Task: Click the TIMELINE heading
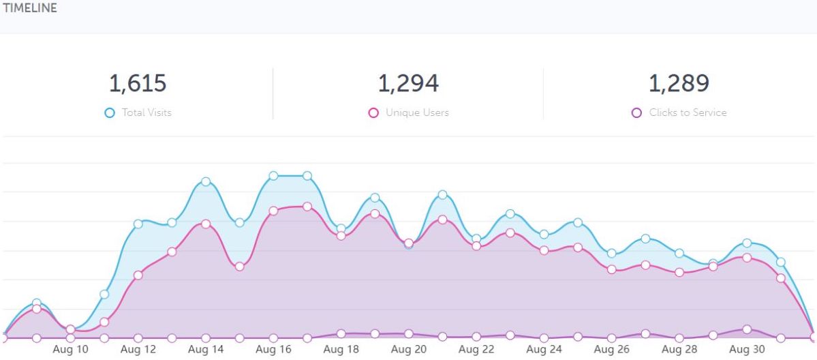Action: (x=30, y=9)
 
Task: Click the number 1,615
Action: (x=138, y=83)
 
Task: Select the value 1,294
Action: (x=408, y=83)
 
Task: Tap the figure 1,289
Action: (x=679, y=83)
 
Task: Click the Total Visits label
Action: (x=147, y=112)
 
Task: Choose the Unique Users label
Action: (x=417, y=112)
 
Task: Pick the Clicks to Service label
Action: (x=688, y=112)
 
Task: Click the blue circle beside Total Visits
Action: (x=110, y=112)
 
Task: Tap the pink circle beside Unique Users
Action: (x=373, y=112)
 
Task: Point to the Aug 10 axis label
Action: (x=71, y=350)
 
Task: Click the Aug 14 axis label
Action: (x=206, y=350)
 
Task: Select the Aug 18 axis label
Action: (x=341, y=350)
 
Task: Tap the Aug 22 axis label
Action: (x=476, y=350)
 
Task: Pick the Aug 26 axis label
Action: (x=612, y=350)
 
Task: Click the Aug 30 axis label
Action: (x=747, y=350)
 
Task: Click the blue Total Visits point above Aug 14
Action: (x=206, y=181)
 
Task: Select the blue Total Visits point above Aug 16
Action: (x=273, y=176)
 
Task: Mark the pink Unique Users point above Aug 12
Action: (x=138, y=275)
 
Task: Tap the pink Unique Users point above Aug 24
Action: (x=544, y=250)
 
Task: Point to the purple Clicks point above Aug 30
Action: (x=747, y=329)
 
